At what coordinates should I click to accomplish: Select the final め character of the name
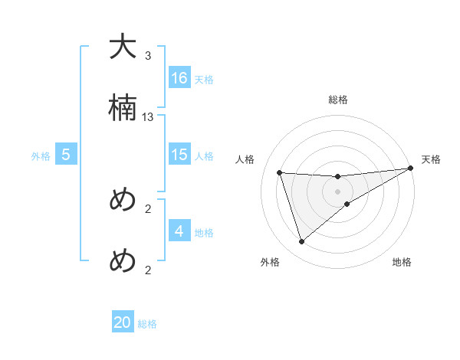[x=123, y=261]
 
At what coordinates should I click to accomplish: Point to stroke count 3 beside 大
[x=148, y=56]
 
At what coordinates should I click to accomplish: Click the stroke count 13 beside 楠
[x=148, y=117]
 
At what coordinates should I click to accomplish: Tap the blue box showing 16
[x=179, y=78]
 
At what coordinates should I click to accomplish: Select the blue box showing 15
[x=179, y=155]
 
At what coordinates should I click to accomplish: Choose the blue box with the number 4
[x=179, y=231]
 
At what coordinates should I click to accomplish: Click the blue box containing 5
[x=66, y=155]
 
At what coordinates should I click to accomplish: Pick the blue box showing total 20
[x=123, y=322]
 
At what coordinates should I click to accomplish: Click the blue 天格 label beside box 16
[x=204, y=79]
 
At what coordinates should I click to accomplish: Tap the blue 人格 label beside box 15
[x=204, y=155]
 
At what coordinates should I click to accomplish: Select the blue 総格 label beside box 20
[x=147, y=324]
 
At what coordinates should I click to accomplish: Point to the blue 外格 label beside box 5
[x=41, y=156]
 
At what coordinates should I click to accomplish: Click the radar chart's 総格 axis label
[x=338, y=100]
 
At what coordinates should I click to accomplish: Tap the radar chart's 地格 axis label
[x=402, y=263]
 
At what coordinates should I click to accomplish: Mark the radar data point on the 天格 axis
[x=410, y=169]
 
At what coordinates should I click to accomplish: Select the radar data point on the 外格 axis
[x=301, y=242]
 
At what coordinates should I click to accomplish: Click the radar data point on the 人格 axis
[x=280, y=172]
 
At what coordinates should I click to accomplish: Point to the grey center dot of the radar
[x=338, y=191]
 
